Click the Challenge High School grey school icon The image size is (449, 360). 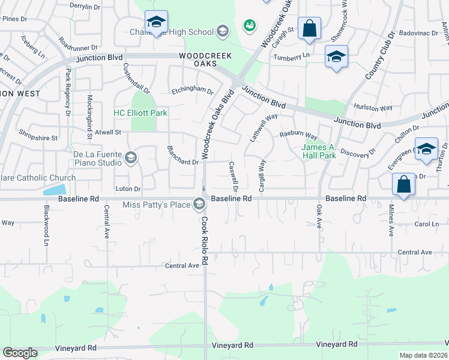click(223, 32)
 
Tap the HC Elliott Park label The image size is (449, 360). click(140, 113)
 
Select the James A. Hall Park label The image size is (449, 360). click(318, 151)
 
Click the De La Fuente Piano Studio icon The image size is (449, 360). click(130, 158)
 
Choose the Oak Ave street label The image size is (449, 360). click(319, 218)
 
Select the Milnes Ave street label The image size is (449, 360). click(391, 223)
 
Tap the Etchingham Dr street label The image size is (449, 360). click(193, 91)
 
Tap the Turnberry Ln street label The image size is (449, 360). click(291, 57)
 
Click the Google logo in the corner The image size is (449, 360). click(20, 353)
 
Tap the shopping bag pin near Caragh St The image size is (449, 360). click(309, 28)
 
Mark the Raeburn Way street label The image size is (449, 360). click(298, 136)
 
